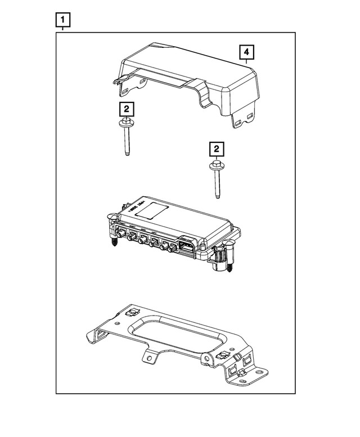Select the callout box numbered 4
246,53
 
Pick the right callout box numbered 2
216,149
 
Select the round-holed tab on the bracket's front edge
150,356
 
